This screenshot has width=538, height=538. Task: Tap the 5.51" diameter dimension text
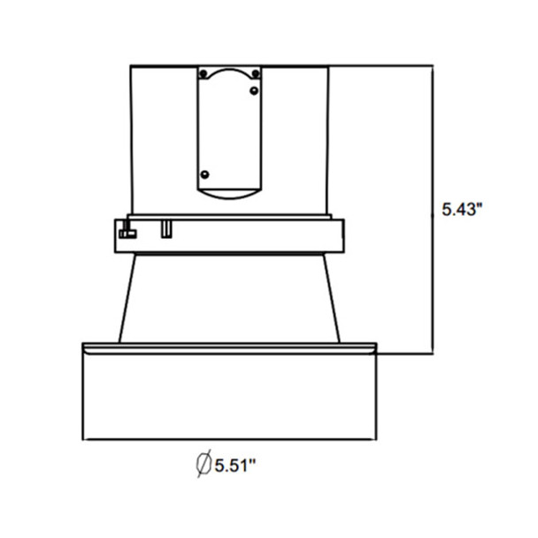click(x=234, y=463)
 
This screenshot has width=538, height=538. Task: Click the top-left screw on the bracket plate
click(x=204, y=72)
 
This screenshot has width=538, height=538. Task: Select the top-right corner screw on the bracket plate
click(x=256, y=72)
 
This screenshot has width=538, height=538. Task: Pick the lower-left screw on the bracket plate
click(x=204, y=173)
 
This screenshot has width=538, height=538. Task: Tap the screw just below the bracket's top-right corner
click(x=255, y=89)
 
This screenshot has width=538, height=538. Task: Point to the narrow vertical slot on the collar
click(x=165, y=231)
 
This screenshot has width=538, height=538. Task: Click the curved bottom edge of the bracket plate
click(x=230, y=192)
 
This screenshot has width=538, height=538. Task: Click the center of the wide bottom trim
click(x=230, y=394)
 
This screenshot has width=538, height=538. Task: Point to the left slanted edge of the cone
click(x=125, y=296)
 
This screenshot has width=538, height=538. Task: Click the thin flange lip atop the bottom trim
click(x=230, y=345)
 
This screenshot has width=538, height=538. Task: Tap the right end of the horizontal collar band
click(x=339, y=234)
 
